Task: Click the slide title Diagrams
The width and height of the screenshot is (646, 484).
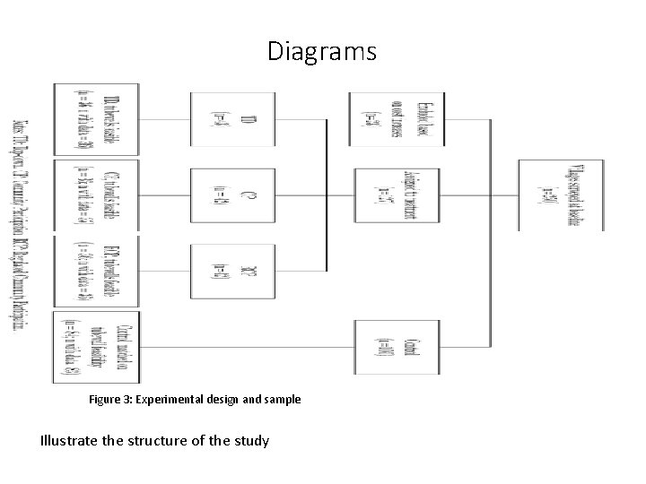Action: coord(322,52)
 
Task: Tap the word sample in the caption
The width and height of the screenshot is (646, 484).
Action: coord(282,399)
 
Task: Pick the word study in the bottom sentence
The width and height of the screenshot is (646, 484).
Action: coord(249,440)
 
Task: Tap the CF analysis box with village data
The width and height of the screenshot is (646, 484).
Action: coord(97,194)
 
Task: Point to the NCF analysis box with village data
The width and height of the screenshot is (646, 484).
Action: coord(97,270)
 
